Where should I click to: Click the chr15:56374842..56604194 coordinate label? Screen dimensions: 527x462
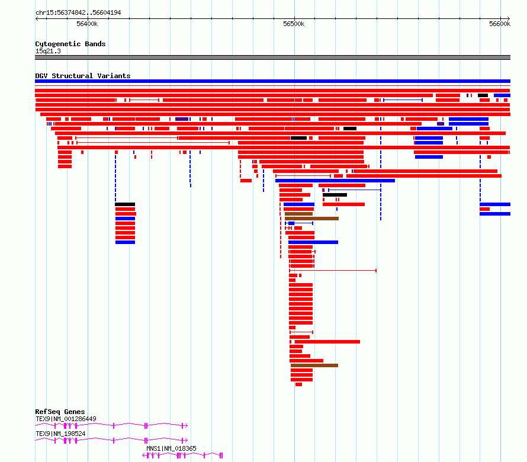click(x=78, y=13)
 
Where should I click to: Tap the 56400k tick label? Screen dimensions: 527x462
click(x=87, y=24)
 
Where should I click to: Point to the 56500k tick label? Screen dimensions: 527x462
click(x=294, y=24)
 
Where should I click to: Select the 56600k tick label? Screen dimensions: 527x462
click(x=500, y=24)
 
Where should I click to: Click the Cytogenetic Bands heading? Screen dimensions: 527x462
click(x=70, y=44)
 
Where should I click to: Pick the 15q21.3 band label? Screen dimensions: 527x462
click(x=48, y=51)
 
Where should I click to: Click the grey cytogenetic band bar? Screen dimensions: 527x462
click(x=272, y=57)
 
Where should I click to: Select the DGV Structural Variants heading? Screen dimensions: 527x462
click(x=83, y=76)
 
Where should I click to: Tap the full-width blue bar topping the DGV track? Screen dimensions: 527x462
click(x=272, y=81)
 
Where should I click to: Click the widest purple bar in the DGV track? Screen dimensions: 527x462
click(x=182, y=119)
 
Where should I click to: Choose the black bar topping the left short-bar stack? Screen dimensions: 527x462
click(x=125, y=204)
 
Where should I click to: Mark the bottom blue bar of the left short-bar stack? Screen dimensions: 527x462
click(x=125, y=242)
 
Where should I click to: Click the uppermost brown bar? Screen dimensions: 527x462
click(x=299, y=214)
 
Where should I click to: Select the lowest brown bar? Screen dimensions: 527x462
click(x=314, y=365)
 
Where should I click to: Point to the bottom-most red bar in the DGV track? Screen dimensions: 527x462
click(x=299, y=384)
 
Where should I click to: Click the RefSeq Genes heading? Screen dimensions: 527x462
click(x=60, y=412)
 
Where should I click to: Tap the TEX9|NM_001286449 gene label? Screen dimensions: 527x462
click(x=66, y=419)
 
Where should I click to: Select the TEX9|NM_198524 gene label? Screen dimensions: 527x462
click(x=60, y=434)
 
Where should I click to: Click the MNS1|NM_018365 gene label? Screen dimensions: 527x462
click(x=171, y=448)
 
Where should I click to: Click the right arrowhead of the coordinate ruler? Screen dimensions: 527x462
click(x=509, y=18)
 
